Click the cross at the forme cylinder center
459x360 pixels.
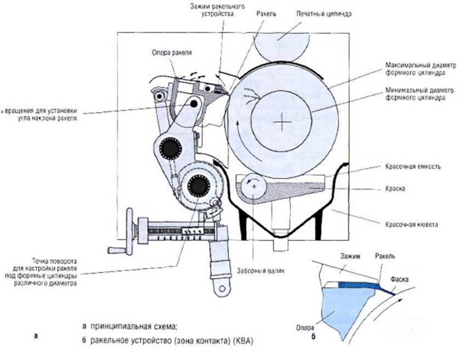(x=282, y=122)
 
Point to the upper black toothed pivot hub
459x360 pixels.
(x=171, y=148)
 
